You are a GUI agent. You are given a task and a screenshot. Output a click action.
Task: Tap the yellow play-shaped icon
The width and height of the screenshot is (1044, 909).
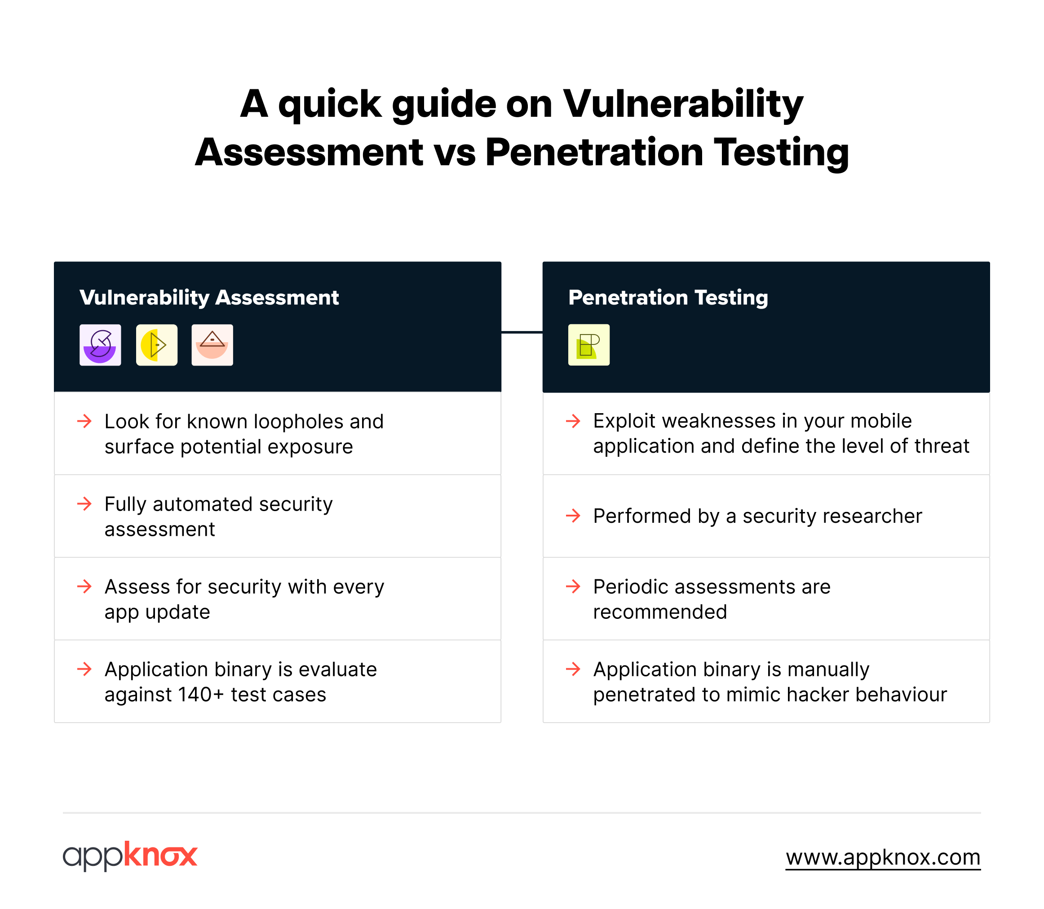coord(157,345)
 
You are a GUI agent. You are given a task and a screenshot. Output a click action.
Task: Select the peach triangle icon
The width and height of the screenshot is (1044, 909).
coord(212,345)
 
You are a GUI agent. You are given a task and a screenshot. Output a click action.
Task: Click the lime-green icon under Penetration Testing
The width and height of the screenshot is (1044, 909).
coord(588,345)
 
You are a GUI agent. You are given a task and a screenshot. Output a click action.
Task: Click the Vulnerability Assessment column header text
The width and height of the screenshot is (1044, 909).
coord(209,298)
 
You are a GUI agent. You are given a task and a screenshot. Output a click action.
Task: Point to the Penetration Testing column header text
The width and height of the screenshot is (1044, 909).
coord(668,298)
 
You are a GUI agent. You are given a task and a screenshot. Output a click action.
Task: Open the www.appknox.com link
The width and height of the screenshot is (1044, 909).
coord(883,857)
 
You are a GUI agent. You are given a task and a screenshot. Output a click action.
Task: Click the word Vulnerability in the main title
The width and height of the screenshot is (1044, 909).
coord(683,105)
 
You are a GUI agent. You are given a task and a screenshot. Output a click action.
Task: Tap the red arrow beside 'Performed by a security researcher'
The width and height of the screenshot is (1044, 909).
coord(573,516)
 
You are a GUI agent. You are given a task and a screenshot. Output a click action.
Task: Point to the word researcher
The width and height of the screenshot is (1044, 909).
coord(873,516)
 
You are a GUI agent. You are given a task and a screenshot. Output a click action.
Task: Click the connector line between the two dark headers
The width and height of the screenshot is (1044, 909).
coord(522,332)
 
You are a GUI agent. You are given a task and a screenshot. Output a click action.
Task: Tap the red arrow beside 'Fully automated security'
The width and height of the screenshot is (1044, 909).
coord(84,504)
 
